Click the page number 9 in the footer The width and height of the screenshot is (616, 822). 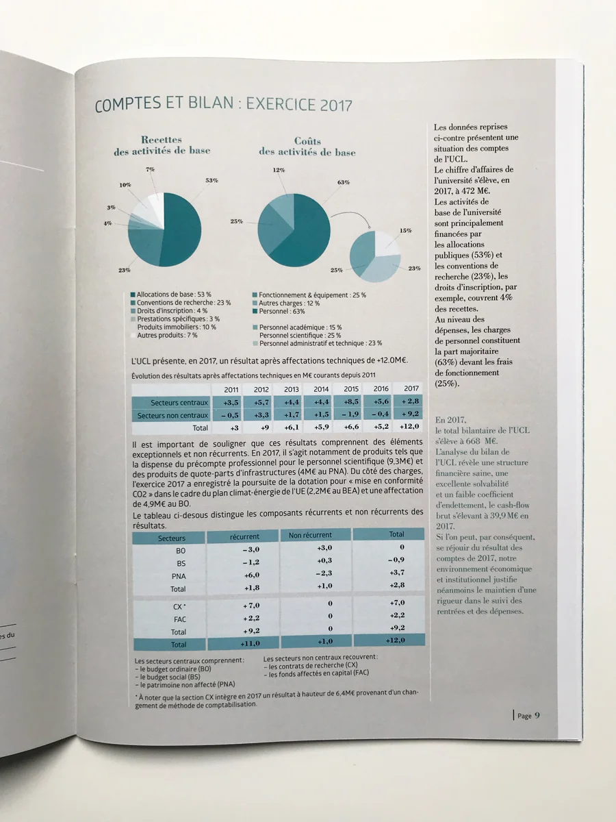click(x=537, y=715)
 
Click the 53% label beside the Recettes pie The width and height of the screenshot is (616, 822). click(x=211, y=181)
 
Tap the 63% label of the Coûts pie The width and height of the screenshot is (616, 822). click(x=344, y=182)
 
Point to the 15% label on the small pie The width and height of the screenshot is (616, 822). click(x=405, y=231)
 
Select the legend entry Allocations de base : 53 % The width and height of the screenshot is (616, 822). click(x=171, y=295)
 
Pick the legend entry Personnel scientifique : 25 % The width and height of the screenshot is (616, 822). click(x=300, y=335)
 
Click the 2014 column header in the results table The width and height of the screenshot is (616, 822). click(x=321, y=389)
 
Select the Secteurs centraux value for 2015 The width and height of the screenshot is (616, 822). click(x=351, y=401)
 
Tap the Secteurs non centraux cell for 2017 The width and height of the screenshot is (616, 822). click(x=410, y=414)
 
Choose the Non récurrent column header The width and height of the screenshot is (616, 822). click(x=310, y=535)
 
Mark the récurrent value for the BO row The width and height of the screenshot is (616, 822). click(x=251, y=549)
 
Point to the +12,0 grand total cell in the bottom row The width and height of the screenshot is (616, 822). click(x=396, y=640)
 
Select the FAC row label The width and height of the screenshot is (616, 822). click(x=179, y=619)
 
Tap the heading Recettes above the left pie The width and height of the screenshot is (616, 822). click(x=162, y=140)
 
